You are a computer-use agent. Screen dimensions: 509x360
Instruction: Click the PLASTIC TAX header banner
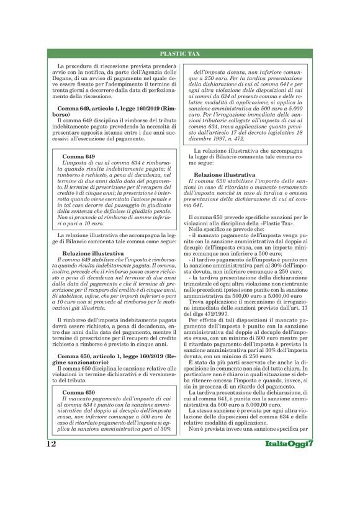(x=179, y=55)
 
